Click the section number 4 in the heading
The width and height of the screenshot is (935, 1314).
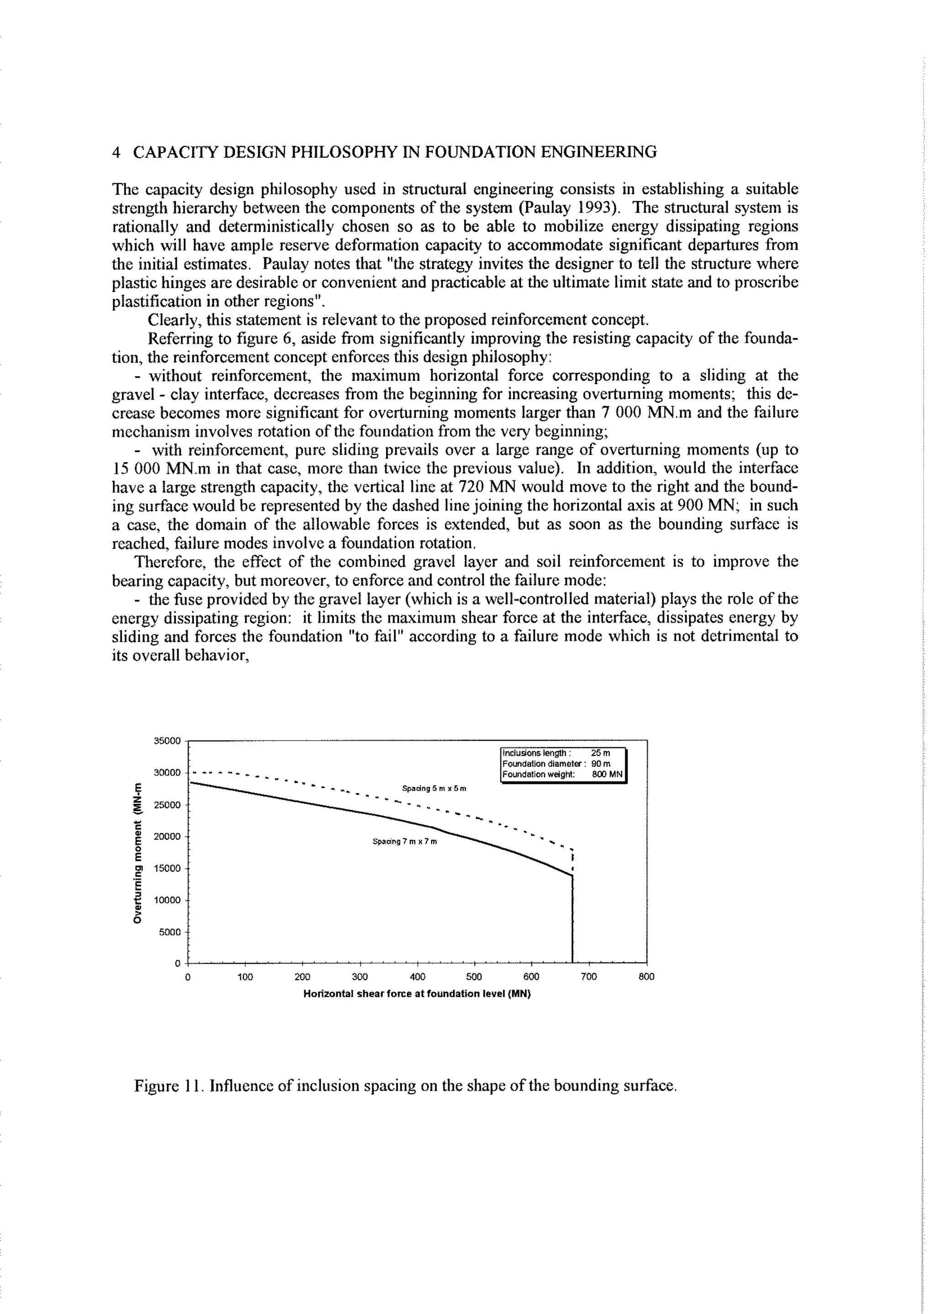(x=117, y=152)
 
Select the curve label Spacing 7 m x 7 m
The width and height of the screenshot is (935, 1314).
(x=405, y=842)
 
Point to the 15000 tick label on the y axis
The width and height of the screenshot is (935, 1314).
(x=168, y=868)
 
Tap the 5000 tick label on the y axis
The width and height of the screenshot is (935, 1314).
(x=170, y=932)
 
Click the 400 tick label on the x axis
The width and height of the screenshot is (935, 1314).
(x=417, y=977)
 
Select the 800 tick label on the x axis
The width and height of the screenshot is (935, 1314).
(x=646, y=977)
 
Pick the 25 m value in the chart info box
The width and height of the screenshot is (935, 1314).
(x=600, y=753)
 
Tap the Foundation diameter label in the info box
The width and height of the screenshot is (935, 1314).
(x=543, y=764)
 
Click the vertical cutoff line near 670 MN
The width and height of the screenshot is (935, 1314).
(x=573, y=921)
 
